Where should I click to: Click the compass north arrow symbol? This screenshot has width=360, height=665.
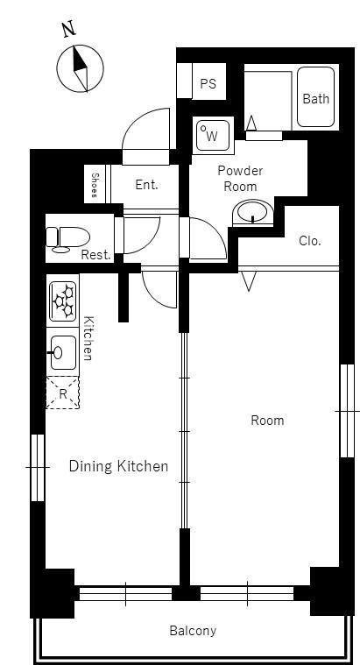80,68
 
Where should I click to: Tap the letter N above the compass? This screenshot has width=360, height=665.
68,30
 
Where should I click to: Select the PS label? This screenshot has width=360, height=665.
208,83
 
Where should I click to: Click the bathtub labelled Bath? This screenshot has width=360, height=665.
316,96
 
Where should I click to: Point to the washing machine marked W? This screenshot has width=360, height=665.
214,135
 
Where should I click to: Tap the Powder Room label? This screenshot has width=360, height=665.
240,178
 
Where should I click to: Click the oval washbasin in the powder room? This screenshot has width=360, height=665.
253,212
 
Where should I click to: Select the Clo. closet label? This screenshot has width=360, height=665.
310,241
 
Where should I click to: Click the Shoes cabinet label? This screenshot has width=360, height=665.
94,186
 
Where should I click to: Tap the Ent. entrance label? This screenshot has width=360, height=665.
146,185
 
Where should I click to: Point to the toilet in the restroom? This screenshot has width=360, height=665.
67,237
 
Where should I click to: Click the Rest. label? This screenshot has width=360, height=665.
95,255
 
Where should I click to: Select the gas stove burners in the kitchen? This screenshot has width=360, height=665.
63,301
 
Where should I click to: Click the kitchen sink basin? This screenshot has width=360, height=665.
63,353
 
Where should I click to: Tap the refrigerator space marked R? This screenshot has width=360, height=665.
63,393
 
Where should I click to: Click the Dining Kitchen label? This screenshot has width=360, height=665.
118,466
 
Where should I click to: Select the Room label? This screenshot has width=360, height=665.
267,421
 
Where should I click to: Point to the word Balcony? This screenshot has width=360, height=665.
193,631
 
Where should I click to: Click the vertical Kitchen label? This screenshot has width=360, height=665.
88,338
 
